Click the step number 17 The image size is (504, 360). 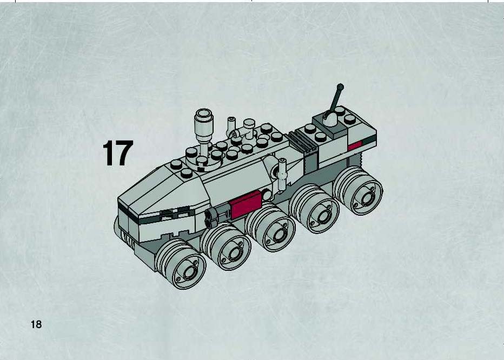[118, 153]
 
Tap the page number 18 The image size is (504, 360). [36, 324]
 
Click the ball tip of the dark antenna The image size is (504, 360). [340, 87]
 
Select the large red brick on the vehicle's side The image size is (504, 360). [246, 204]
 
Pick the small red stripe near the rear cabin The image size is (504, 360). [355, 145]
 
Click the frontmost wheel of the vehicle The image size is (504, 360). [180, 264]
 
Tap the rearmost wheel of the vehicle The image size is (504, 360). [358, 191]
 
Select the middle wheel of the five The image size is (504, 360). [270, 227]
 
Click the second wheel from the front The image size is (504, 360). [226, 246]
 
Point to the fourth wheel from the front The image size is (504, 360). [314, 209]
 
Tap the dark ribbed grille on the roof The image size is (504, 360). [302, 142]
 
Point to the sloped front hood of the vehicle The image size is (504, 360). [164, 193]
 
